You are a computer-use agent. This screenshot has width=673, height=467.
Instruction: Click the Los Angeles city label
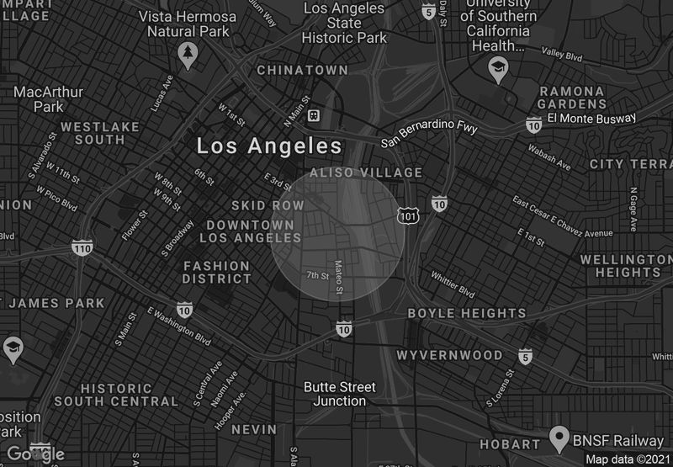pos(269,146)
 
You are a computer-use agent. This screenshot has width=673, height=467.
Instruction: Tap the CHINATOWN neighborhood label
pos(302,69)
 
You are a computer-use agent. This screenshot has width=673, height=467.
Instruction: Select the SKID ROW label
pos(268,205)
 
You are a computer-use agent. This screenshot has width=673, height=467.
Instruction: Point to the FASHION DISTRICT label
pos(216,272)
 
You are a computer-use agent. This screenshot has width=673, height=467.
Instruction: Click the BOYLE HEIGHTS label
pos(466,313)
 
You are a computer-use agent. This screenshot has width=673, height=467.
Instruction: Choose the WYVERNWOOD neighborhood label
pos(449,355)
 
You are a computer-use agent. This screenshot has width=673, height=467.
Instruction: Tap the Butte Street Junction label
pos(339,394)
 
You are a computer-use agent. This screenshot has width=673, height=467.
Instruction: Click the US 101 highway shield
pos(407,216)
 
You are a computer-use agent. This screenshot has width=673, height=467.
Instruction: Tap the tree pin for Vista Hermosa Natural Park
pos(188,55)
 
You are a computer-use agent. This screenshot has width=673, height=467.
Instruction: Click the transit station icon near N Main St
pos(313,114)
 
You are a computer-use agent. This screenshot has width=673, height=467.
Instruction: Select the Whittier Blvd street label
pos(453,284)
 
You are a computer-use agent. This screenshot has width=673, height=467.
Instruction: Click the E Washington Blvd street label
pos(178,326)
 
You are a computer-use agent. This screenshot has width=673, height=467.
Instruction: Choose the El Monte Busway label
pos(591,119)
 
